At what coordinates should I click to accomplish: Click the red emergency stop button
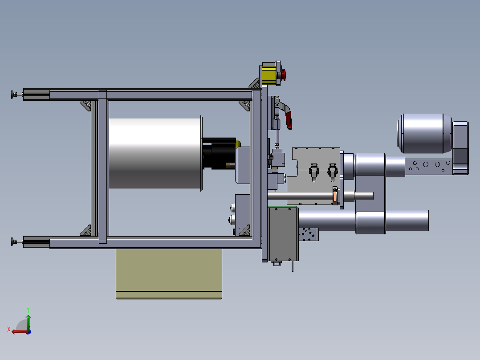point(284,75)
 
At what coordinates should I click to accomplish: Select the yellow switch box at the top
point(268,75)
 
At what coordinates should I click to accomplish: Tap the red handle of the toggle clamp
point(289,120)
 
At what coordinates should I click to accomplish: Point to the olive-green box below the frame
point(169,274)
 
